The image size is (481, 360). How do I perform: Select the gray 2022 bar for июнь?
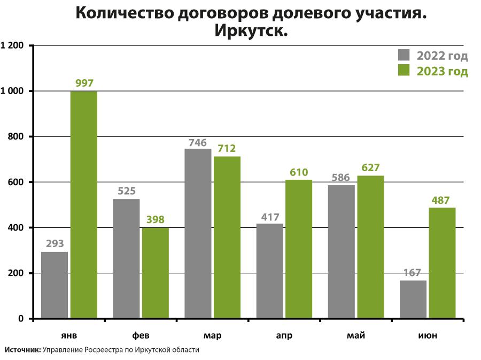pos(413,300)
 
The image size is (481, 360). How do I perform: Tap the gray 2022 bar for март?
pos(198,234)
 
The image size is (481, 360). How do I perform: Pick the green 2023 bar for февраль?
pos(156,273)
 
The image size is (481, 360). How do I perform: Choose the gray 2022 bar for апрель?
pos(269,271)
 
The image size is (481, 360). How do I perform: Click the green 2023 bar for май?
pos(370,247)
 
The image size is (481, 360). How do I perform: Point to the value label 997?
pos(84,83)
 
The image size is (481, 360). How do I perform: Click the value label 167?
pos(413,273)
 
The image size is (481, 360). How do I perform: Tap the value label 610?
pos(299,172)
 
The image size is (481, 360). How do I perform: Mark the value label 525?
pos(126,191)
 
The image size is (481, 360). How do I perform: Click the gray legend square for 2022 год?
pos(404,56)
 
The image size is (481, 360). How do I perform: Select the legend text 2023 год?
pos(442,71)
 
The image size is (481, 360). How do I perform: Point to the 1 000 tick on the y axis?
pos(13,91)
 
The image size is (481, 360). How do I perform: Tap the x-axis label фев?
pos(141,335)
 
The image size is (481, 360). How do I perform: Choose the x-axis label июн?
pos(428,335)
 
